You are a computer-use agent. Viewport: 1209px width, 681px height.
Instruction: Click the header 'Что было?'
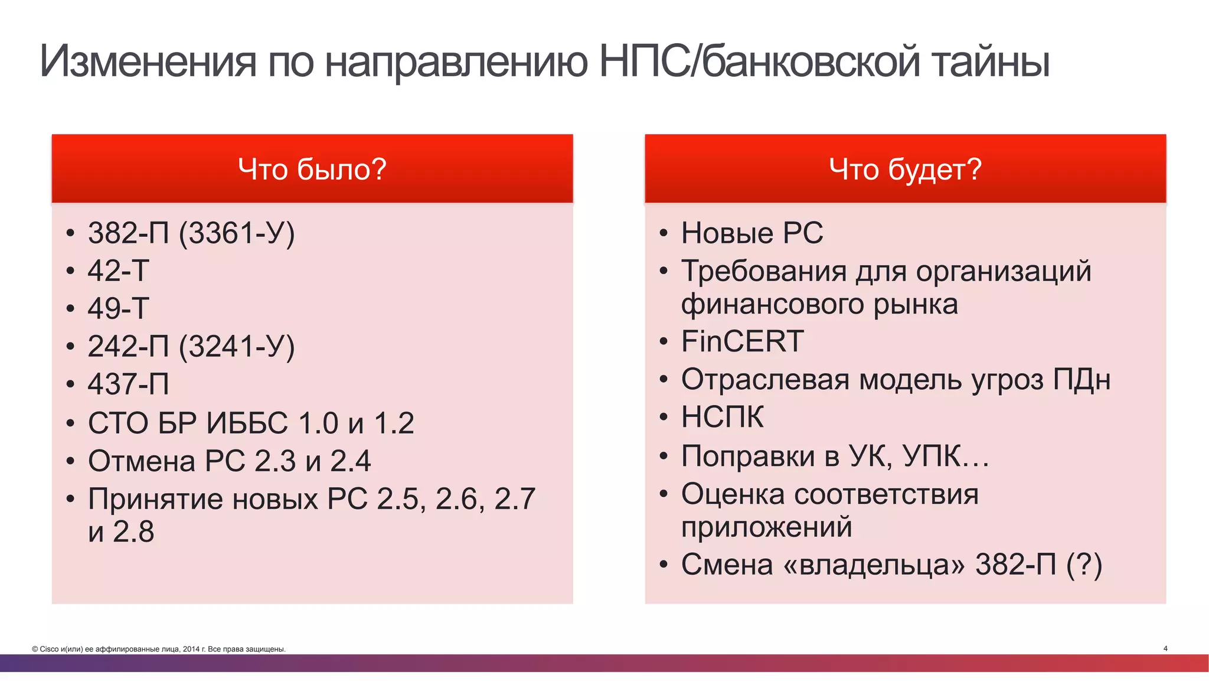312,170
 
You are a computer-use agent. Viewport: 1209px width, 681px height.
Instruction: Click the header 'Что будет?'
905,170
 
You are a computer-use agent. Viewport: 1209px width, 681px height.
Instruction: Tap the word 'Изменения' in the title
148,61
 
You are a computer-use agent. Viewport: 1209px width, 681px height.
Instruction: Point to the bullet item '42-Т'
119,271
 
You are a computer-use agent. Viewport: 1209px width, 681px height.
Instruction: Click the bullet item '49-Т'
119,308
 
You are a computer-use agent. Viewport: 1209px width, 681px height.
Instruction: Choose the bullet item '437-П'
129,384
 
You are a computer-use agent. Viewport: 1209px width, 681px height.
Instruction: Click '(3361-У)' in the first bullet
237,233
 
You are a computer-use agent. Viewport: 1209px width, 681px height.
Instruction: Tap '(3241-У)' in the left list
237,347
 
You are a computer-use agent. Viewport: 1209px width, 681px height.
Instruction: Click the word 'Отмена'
142,461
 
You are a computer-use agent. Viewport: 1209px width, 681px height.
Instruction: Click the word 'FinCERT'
742,341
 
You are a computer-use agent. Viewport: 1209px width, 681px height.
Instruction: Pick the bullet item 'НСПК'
722,417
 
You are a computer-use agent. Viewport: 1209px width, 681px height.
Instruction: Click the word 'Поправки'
748,456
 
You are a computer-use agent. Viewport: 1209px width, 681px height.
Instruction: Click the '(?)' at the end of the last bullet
1084,565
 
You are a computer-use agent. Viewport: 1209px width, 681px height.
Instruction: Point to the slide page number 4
1165,649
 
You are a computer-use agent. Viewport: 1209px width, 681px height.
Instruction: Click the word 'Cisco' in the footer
50,649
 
